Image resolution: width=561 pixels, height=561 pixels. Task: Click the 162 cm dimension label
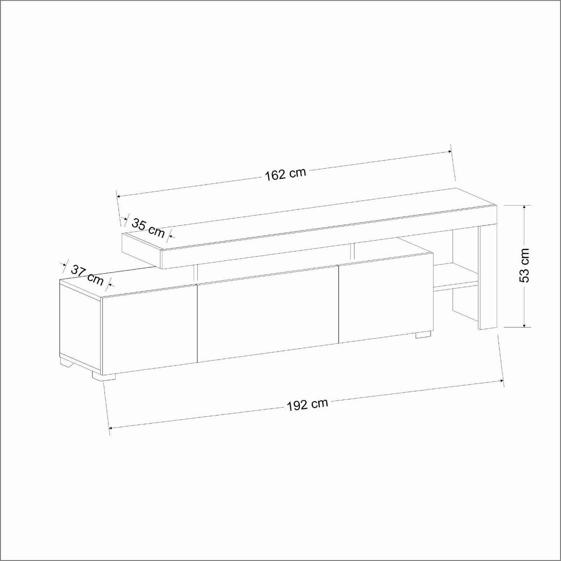coord(285,174)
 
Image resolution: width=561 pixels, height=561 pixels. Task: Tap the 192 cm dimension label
coord(307,404)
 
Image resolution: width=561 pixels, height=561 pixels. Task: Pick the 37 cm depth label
coord(87,274)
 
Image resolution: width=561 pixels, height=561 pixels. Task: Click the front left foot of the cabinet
coord(103,375)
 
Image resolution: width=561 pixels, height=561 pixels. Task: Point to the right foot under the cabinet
coord(423,334)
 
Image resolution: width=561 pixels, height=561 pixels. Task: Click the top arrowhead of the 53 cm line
coord(525,207)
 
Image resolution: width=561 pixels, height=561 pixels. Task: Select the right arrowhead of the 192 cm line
coord(501,383)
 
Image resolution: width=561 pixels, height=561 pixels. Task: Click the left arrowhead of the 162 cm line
coord(119,196)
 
